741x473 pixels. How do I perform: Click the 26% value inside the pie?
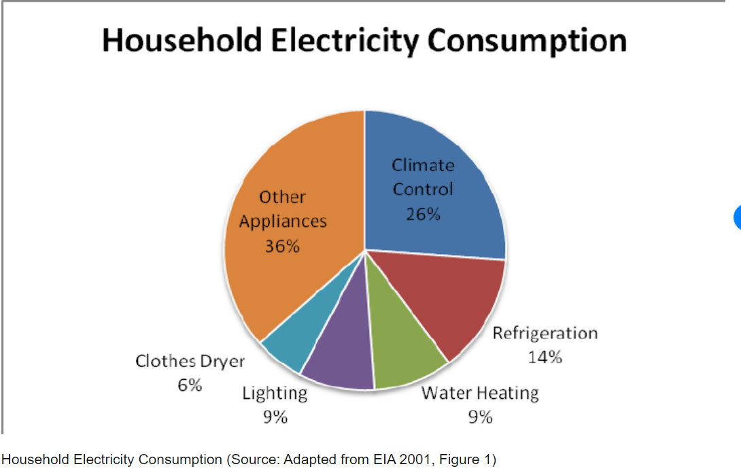tap(423, 214)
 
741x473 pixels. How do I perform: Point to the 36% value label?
tap(282, 246)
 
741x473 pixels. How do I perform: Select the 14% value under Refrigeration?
tap(545, 357)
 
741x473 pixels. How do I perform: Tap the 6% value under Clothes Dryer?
tap(190, 385)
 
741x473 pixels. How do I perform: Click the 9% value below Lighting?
tap(275, 417)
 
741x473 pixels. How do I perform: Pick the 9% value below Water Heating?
tap(480, 417)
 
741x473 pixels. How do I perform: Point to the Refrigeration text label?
tap(545, 333)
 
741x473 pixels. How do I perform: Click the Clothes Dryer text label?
tap(190, 361)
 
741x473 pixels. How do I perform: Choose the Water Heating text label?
tap(480, 393)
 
